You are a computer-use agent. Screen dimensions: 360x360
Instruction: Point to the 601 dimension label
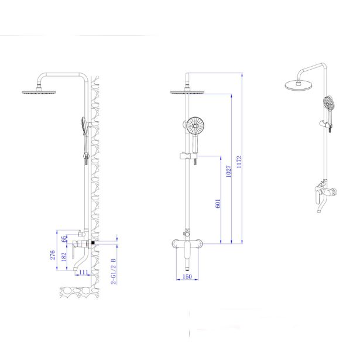218,203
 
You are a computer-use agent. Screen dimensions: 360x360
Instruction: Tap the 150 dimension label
187,277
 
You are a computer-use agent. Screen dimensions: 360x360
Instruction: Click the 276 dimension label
53,255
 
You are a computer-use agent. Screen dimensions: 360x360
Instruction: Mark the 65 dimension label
64,238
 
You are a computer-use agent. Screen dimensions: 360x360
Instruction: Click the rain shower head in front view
187,92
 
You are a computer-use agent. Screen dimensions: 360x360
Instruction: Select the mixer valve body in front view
187,244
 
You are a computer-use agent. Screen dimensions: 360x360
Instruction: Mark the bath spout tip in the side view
76,270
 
